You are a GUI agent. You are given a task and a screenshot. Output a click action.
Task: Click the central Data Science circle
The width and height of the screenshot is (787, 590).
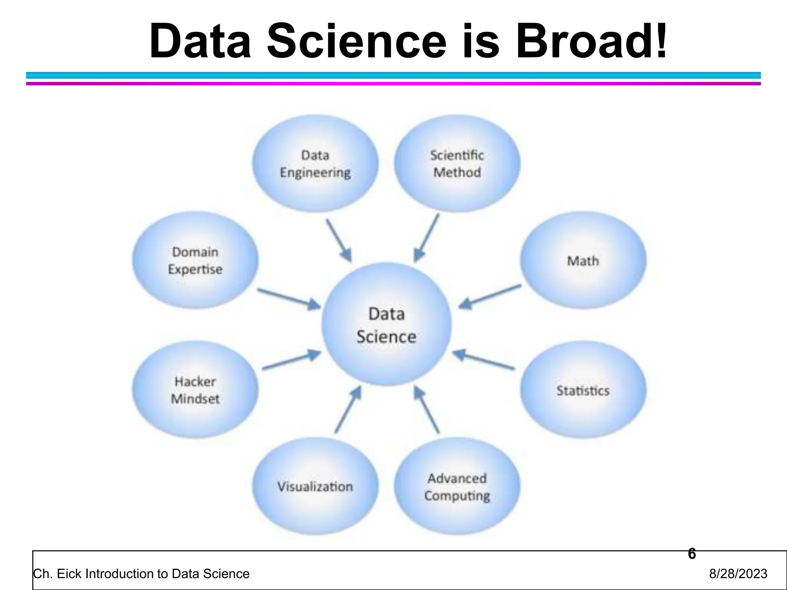click(387, 325)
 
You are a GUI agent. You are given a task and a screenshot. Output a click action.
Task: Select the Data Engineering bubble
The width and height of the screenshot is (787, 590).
click(315, 164)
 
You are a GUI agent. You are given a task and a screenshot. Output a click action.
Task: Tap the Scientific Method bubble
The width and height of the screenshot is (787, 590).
click(457, 164)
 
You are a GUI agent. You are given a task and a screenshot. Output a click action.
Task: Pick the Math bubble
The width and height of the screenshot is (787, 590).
click(583, 260)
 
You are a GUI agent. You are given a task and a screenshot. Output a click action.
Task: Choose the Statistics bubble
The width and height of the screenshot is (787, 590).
click(583, 390)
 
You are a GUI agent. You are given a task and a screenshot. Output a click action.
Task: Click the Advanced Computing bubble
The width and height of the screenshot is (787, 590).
click(457, 486)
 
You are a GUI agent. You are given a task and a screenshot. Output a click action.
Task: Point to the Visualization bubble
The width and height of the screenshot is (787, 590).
click(315, 486)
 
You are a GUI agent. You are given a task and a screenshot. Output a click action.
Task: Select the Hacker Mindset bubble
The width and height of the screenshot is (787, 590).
click(195, 390)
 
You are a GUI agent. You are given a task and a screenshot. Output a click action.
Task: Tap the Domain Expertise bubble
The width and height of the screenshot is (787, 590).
click(195, 260)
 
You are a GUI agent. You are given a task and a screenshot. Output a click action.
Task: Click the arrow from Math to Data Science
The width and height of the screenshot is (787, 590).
click(490, 297)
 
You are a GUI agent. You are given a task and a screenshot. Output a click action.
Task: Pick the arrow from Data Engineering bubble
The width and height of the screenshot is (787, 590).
click(339, 240)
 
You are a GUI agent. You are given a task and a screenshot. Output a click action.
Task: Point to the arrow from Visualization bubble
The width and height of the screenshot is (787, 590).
click(348, 410)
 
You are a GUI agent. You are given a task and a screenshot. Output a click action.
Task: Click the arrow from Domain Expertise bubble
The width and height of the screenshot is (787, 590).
click(289, 299)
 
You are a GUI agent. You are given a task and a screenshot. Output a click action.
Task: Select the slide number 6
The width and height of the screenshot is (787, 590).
click(692, 554)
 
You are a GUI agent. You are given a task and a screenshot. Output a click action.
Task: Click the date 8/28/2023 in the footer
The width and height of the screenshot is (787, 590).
click(738, 573)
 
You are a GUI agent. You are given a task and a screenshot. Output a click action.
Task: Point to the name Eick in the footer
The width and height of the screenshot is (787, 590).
click(69, 573)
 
